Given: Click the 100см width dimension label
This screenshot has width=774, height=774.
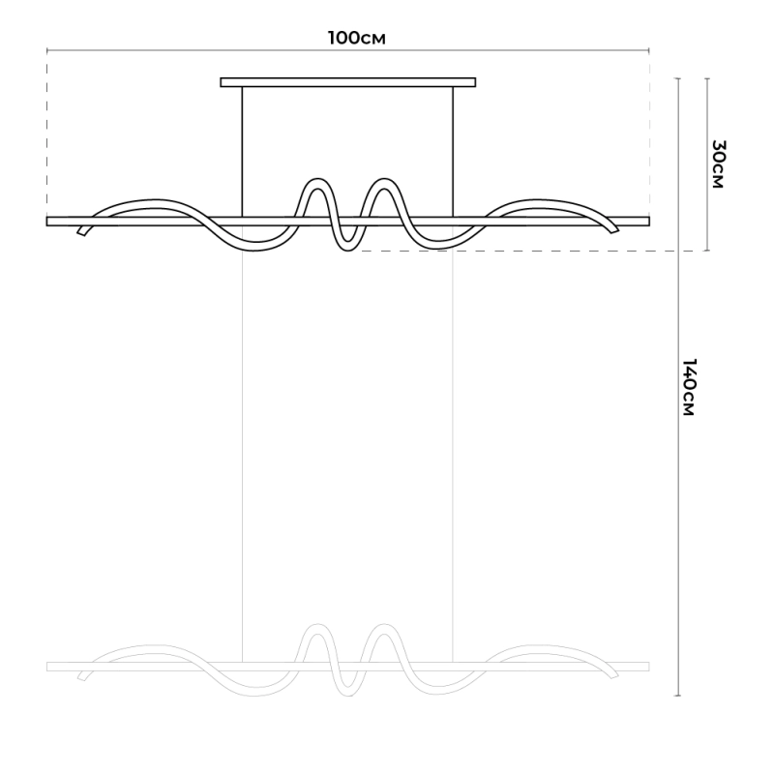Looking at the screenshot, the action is [x=356, y=38].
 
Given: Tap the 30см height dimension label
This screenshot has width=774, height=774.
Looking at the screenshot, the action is [x=719, y=164].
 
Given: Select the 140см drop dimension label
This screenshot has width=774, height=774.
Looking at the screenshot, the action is [x=689, y=387].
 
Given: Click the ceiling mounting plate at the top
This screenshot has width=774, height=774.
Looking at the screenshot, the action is [x=348, y=82].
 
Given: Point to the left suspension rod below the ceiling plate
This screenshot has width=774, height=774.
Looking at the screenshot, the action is [x=243, y=152].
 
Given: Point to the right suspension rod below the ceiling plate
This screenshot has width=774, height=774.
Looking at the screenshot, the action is [x=453, y=152].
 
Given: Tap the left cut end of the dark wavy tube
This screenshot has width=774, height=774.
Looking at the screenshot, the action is [x=81, y=231].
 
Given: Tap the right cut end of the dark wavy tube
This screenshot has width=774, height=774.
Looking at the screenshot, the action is [x=614, y=229].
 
